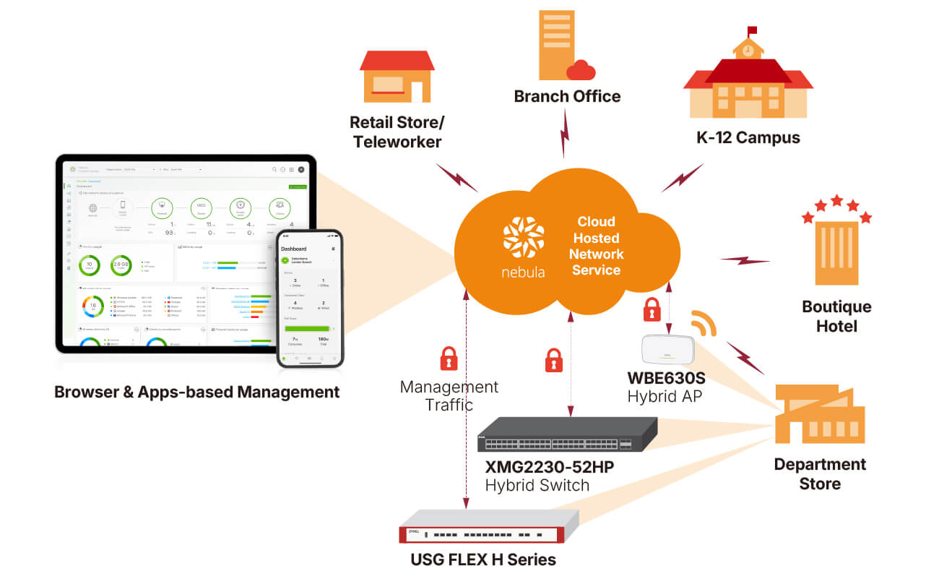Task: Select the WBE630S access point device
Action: point(667,350)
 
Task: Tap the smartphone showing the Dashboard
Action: point(310,298)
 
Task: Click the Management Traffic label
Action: point(449,395)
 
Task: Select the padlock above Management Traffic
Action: point(449,358)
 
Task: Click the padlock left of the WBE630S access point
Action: point(652,309)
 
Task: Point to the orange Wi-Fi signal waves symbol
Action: point(703,322)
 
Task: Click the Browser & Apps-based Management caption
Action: point(196,393)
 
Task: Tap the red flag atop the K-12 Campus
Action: point(753,30)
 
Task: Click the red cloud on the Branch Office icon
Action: point(581,70)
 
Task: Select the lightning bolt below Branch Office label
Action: point(564,134)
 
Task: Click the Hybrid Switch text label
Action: point(537,485)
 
